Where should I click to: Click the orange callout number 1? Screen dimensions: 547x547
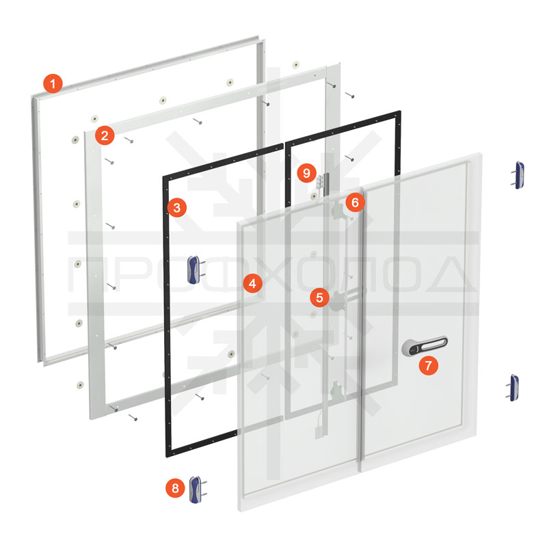(x=53, y=83)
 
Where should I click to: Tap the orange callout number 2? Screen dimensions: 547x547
(x=105, y=135)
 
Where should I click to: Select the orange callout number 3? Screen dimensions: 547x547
(x=177, y=208)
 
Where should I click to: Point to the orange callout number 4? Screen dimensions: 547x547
(x=253, y=283)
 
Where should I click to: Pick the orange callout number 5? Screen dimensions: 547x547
(x=319, y=297)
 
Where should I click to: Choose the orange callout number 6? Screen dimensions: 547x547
(x=355, y=202)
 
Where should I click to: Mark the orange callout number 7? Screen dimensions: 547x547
(x=429, y=365)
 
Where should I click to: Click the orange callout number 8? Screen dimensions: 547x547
(x=175, y=488)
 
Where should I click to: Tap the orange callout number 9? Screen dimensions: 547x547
(x=306, y=173)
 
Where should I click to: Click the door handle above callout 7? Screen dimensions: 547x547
(x=424, y=346)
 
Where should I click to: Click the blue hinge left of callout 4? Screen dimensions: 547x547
(x=196, y=269)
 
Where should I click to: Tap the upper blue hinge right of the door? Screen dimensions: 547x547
(x=518, y=175)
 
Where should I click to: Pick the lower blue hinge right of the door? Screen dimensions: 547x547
(x=513, y=388)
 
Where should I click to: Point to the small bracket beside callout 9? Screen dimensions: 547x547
(x=321, y=181)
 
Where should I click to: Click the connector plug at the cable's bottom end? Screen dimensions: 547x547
(x=319, y=432)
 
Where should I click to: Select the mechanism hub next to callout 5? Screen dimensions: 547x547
(x=338, y=301)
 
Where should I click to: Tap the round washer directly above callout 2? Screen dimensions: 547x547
(x=94, y=118)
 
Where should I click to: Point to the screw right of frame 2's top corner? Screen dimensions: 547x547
(x=349, y=95)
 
